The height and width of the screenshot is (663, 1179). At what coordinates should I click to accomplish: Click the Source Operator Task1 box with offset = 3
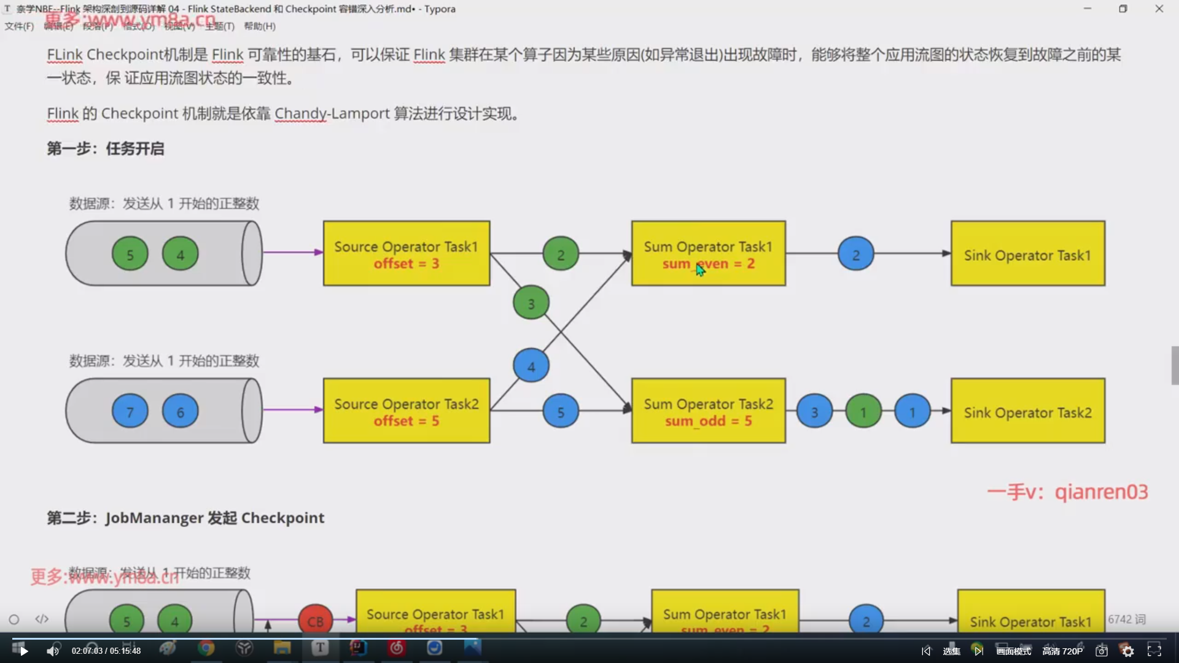point(407,254)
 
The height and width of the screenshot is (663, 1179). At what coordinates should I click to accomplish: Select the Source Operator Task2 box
point(407,411)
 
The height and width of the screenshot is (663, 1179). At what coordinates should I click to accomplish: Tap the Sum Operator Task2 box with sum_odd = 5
point(708,411)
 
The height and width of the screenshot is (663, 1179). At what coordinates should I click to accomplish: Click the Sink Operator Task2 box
point(1027,411)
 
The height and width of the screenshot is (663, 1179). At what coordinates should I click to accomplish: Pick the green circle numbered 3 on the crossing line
point(531,303)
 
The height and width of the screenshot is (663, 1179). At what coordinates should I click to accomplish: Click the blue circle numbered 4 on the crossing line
point(531,366)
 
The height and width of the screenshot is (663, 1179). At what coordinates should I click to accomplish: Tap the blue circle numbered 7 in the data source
point(130,411)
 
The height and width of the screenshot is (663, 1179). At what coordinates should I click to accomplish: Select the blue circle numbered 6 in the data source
point(180,411)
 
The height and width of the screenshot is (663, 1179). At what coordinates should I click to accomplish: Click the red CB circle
point(315,621)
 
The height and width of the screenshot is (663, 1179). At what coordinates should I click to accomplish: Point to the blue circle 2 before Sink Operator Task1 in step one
point(855,254)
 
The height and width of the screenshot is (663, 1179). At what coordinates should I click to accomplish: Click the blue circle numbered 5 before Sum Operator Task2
point(561,412)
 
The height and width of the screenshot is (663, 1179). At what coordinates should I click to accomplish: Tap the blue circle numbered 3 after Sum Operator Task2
point(814,412)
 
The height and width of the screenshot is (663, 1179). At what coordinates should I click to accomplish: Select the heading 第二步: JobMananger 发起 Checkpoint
point(185,518)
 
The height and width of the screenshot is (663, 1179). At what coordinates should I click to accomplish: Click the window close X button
point(1159,9)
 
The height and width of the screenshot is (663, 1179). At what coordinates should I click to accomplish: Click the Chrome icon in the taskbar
point(206,648)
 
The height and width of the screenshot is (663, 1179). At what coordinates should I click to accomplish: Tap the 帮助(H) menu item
point(260,26)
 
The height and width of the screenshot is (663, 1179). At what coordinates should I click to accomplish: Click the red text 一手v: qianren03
point(1067,492)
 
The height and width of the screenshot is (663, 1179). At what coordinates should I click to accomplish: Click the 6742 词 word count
point(1127,619)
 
